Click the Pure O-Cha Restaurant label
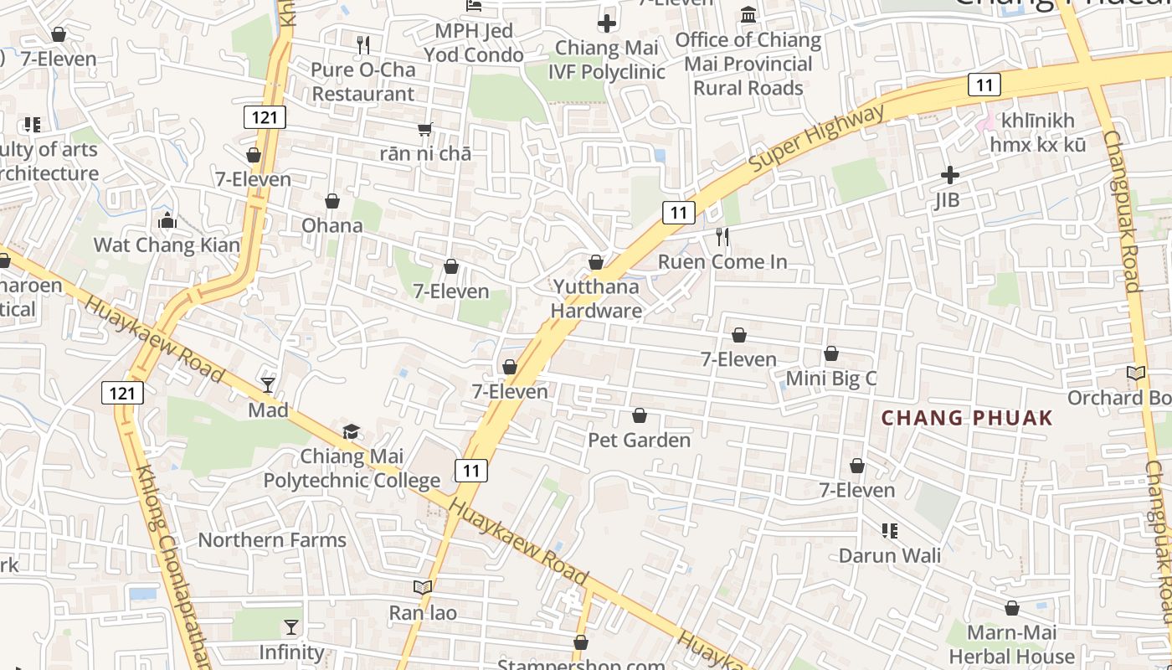[x=362, y=81]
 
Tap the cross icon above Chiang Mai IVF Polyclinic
[x=607, y=23]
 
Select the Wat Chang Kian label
[x=167, y=245]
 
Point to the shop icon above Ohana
[x=332, y=202]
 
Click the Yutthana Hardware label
[x=596, y=298]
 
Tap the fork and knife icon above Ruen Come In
[x=722, y=237]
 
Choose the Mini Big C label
[x=830, y=379]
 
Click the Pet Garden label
[x=639, y=440]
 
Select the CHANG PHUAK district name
[x=967, y=418]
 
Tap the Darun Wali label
[x=890, y=555]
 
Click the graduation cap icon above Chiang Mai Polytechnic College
[x=351, y=432]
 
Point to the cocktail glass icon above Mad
[x=268, y=385]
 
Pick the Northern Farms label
[x=272, y=539]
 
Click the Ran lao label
[x=423, y=613]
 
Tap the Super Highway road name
[x=815, y=139]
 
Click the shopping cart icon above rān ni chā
[x=425, y=129]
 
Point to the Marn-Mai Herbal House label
[x=1011, y=644]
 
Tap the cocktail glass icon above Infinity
[x=290, y=627]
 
